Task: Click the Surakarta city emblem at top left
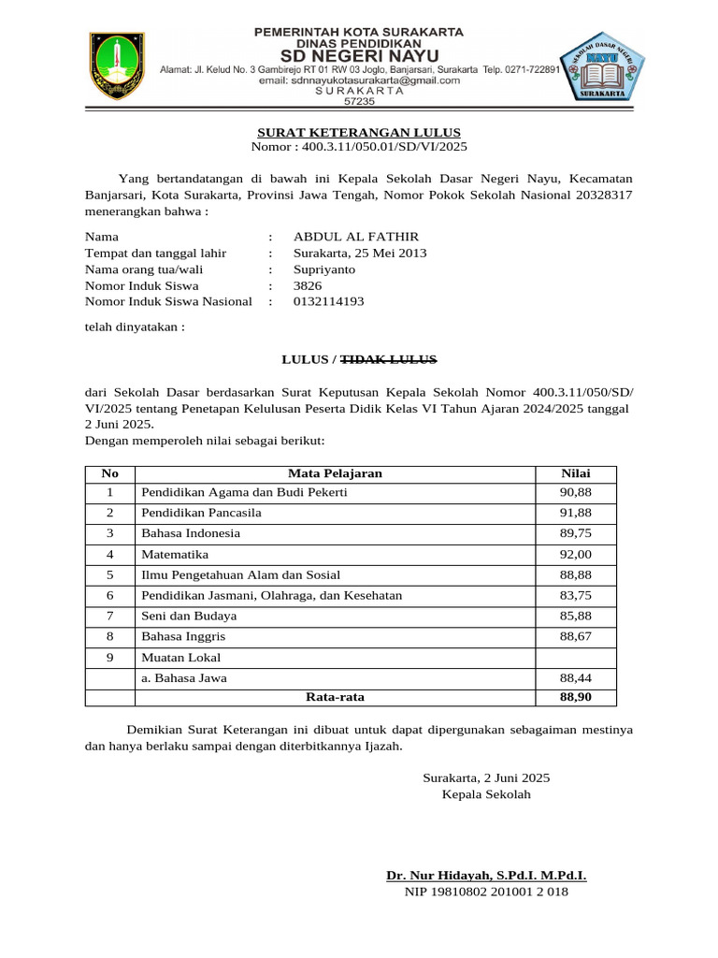coord(117,65)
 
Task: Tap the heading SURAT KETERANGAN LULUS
coord(359,132)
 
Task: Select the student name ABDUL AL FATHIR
coord(356,237)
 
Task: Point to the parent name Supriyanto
coord(324,269)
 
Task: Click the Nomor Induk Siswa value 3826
coord(308,285)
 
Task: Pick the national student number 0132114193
coord(328,301)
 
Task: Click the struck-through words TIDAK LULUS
coord(388,359)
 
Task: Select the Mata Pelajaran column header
coord(335,473)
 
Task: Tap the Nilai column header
coord(575,473)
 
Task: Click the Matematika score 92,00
coord(575,554)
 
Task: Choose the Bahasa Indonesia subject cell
coord(191,533)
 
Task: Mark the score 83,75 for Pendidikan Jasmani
coord(575,595)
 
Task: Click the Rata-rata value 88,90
coord(575,697)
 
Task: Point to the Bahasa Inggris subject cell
coord(183,636)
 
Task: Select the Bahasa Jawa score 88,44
coord(575,677)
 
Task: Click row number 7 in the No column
coord(109,616)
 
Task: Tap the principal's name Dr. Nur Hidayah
coord(486,876)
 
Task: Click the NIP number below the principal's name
coord(485,893)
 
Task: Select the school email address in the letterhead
coord(359,80)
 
